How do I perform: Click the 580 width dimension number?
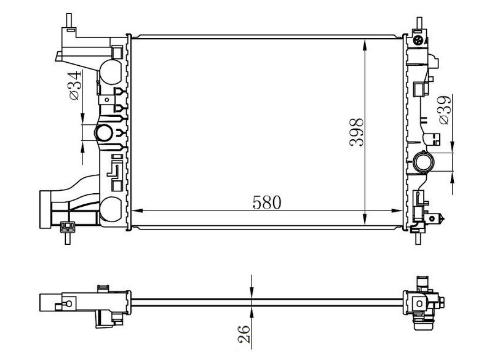pos(265,202)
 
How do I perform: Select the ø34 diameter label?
pos(74,86)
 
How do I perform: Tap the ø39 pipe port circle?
pos(424,162)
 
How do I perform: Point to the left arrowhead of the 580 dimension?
pos(137,212)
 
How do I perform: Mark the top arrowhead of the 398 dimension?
pos(366,44)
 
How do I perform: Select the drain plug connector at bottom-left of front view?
pos(67,227)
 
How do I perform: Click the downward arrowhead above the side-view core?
pos(252,294)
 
